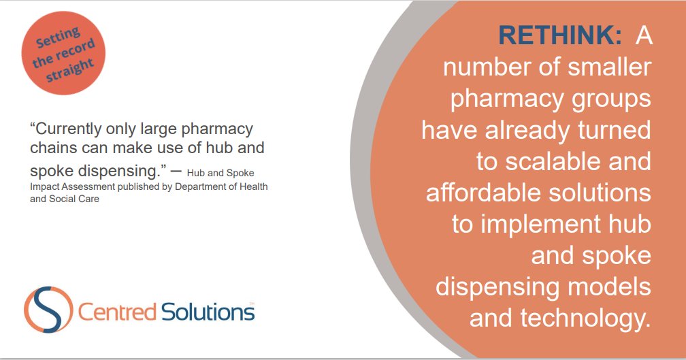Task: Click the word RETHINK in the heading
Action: click(559, 35)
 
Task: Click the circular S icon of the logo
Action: click(47, 310)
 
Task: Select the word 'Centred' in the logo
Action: click(117, 312)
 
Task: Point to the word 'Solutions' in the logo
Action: click(208, 312)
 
